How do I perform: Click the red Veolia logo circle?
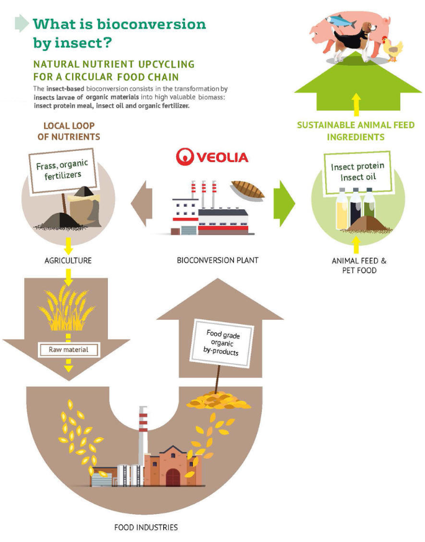point(185,157)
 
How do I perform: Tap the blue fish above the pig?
point(341,21)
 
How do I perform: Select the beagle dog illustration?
point(354,42)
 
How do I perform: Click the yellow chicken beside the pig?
point(393,48)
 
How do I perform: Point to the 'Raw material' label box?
point(68,350)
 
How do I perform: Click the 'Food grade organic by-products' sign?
point(221,343)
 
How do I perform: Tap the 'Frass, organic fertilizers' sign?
point(62,171)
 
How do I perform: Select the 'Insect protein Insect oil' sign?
point(357,172)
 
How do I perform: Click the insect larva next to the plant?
point(248,189)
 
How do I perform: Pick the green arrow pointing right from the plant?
point(284,203)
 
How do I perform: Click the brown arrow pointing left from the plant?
point(141,203)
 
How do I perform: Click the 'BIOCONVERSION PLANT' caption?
point(218,260)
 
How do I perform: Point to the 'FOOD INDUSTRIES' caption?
point(146,527)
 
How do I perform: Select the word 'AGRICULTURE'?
point(68,260)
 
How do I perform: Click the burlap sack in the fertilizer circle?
point(84,207)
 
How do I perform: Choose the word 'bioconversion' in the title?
point(151,24)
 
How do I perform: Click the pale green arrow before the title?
point(22,23)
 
